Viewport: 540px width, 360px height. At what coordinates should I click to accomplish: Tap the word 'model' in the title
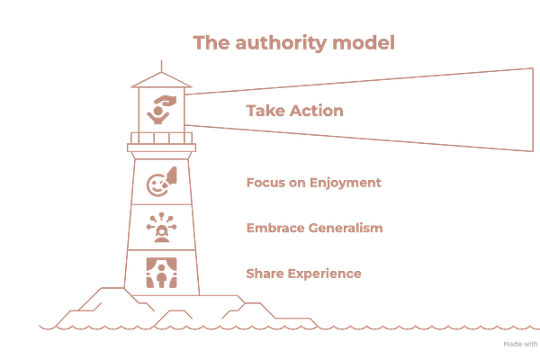[369, 41]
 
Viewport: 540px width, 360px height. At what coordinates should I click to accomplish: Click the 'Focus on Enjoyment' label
[314, 183]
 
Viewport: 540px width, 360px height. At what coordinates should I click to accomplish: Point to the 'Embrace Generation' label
[314, 228]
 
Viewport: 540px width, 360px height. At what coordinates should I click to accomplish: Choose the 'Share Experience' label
[303, 271]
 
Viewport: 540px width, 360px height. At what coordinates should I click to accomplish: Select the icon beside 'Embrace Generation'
[161, 227]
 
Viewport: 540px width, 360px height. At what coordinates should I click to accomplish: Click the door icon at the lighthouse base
[161, 273]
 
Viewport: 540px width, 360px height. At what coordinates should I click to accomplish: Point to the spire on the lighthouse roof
[161, 64]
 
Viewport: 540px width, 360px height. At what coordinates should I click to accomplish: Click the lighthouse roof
[161, 79]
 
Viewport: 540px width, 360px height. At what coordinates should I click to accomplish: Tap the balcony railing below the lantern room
[161, 138]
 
